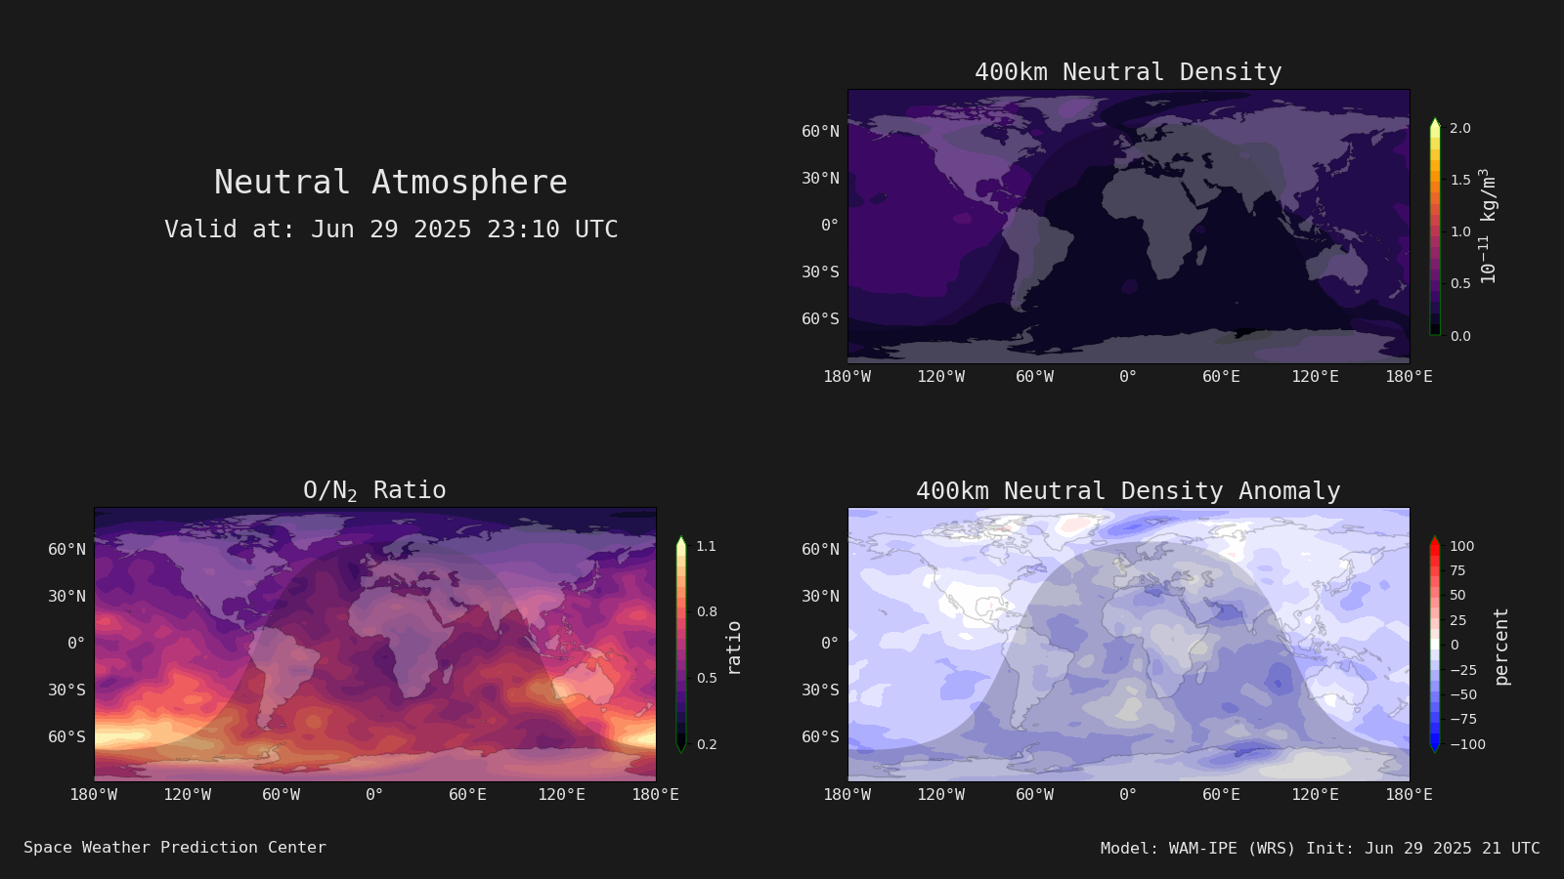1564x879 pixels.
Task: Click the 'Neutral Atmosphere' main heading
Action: click(390, 182)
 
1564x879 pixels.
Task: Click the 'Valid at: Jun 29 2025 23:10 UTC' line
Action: click(391, 229)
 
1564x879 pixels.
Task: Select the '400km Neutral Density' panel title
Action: click(1128, 72)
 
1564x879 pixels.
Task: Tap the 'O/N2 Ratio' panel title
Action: click(374, 490)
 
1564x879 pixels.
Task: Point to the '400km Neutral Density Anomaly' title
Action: click(1128, 490)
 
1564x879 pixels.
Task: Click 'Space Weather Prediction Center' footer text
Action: click(175, 847)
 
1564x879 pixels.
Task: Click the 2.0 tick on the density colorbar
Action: click(1460, 128)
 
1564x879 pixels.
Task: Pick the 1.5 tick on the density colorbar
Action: click(1460, 180)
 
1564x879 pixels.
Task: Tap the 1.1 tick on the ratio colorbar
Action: click(706, 546)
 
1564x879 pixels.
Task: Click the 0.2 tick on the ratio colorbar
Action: click(707, 744)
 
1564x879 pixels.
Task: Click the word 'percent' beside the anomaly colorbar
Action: click(1501, 647)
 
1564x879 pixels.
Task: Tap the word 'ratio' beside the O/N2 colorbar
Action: click(734, 649)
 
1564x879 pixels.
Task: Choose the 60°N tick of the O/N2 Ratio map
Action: click(67, 549)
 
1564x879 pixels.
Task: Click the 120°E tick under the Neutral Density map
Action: click(1315, 377)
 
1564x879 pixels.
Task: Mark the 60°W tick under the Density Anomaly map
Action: click(1034, 795)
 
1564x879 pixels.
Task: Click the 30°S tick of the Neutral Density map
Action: click(820, 272)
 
